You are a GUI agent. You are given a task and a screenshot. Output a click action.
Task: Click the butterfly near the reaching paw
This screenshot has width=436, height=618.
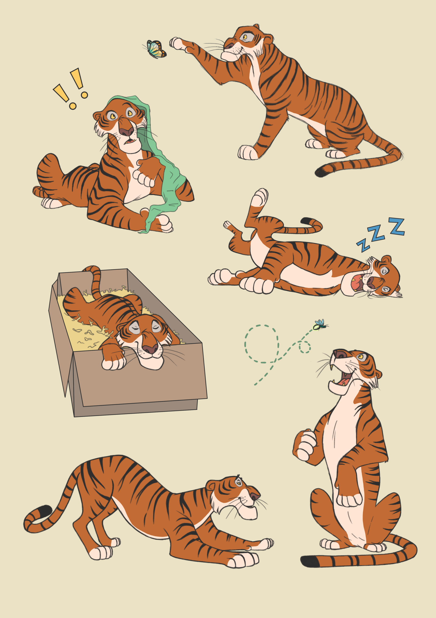(x=156, y=49)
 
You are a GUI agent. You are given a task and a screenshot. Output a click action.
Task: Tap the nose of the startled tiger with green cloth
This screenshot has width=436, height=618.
(x=126, y=131)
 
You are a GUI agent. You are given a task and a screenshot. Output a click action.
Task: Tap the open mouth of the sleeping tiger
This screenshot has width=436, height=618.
(x=356, y=283)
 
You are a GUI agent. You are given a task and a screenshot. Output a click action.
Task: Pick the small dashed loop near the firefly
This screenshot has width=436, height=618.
(x=304, y=347)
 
